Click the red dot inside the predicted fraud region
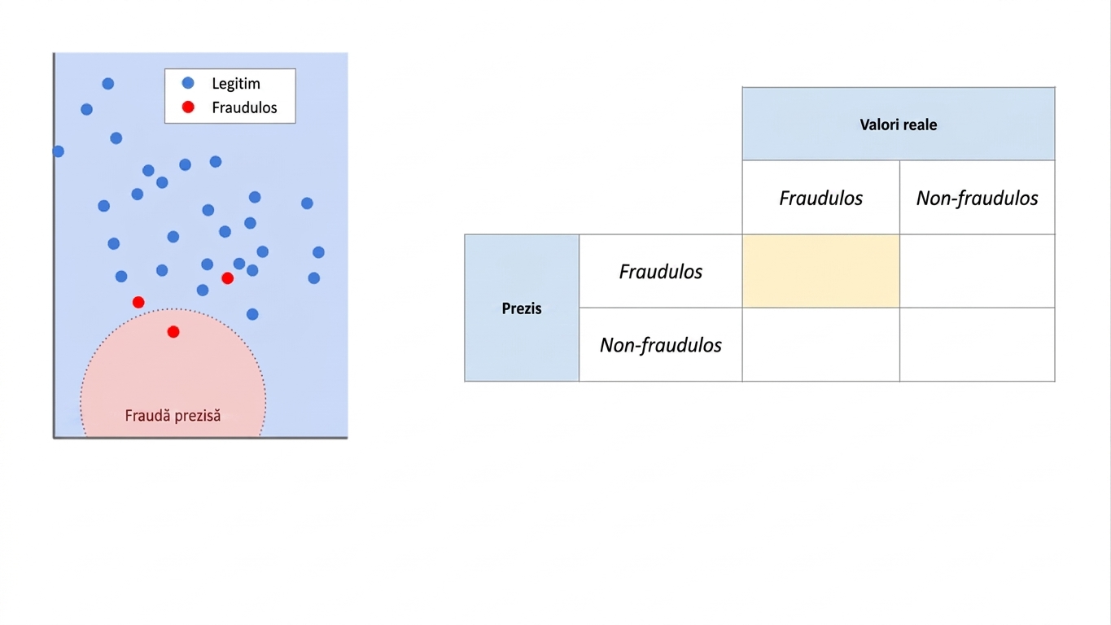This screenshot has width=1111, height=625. [x=173, y=332]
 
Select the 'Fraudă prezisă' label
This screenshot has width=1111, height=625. [x=173, y=416]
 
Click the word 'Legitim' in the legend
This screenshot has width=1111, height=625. [x=235, y=83]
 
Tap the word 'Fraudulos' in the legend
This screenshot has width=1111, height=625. [x=244, y=107]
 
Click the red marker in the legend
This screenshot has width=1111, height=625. [x=188, y=107]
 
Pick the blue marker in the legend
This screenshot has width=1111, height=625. [x=188, y=83]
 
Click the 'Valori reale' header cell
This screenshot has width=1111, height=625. [x=899, y=124]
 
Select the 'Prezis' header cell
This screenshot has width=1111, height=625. [x=522, y=308]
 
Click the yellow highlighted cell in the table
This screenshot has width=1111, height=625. [x=821, y=271]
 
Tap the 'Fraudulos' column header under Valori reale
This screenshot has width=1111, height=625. [x=821, y=198]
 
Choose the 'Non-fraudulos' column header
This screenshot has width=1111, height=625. [x=977, y=198]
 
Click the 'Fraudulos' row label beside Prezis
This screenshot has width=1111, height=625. [x=661, y=271]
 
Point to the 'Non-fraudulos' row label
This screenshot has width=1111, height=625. [x=661, y=345]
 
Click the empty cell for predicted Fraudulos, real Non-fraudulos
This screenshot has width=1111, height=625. [x=977, y=271]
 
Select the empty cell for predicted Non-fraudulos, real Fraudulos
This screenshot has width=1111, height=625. [x=821, y=345]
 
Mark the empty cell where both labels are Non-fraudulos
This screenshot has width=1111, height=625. [x=977, y=345]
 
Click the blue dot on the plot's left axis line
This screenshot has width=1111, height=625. [x=58, y=151]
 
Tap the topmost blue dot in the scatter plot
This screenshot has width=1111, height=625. [x=108, y=83]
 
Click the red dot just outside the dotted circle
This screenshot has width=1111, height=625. [x=138, y=302]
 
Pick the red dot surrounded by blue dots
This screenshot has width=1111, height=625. [x=228, y=278]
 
